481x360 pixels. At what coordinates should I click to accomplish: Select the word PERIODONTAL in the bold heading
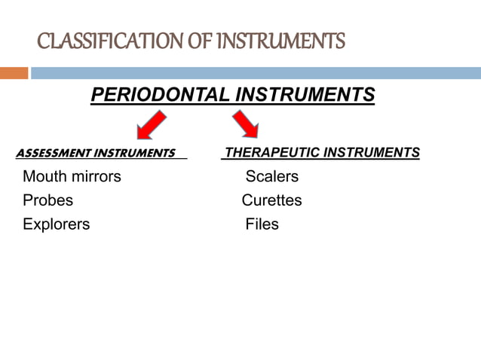pos(160,95)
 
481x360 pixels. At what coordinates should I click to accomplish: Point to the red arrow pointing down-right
pos(245,124)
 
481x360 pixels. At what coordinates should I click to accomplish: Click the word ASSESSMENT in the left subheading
pos(52,154)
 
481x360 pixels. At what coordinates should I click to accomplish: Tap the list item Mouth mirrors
pos(72,177)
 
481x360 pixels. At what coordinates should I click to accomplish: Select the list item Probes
pos(48,200)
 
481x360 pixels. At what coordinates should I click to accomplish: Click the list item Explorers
pos(56,224)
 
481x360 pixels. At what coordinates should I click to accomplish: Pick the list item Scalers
pos(271,177)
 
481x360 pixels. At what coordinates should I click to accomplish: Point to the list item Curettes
pos(271,200)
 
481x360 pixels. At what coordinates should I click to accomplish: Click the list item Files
pos(262,224)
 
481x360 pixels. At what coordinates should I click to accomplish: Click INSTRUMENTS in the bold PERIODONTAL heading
pos(305,95)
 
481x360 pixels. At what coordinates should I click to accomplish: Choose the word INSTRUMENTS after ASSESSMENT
pos(133,154)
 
